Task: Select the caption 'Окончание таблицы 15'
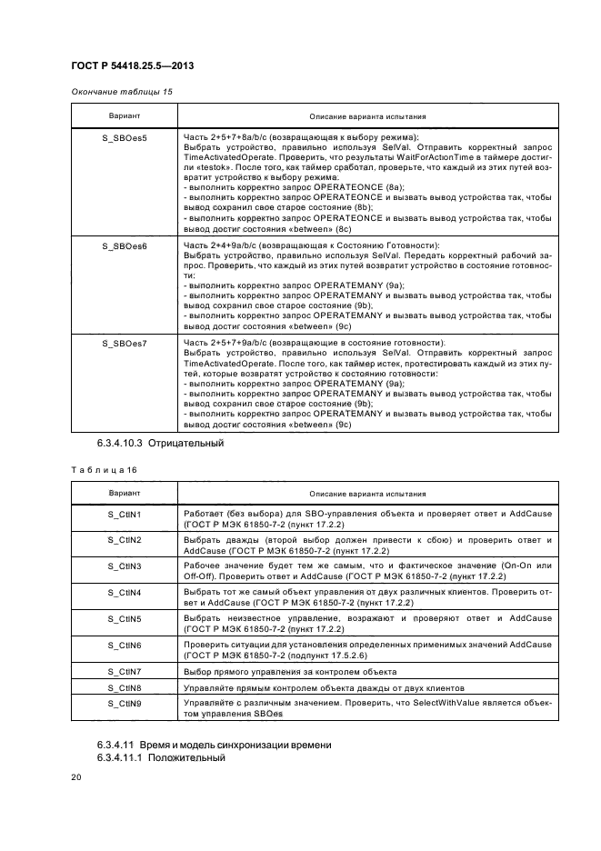pyautogui.click(x=120, y=92)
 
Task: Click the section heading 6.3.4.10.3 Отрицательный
pyautogui.click(x=160, y=445)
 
